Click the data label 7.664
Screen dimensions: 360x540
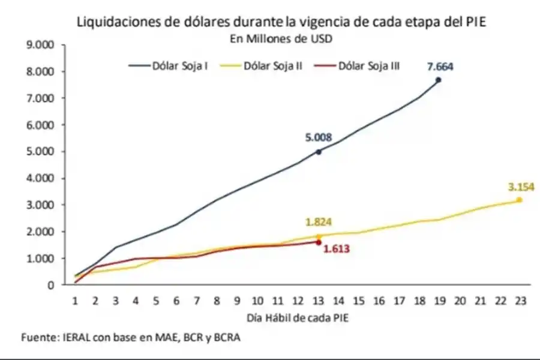click(x=440, y=66)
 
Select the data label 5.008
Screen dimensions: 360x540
click(x=318, y=137)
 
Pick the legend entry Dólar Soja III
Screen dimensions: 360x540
click(x=369, y=65)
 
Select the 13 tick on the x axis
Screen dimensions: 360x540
click(x=319, y=300)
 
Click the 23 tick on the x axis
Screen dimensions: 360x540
click(x=520, y=300)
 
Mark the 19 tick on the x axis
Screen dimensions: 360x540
click(x=439, y=300)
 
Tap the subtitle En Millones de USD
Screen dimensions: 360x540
click(x=272, y=39)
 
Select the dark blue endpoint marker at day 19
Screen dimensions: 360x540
click(x=439, y=80)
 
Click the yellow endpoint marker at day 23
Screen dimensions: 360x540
click(x=520, y=200)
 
